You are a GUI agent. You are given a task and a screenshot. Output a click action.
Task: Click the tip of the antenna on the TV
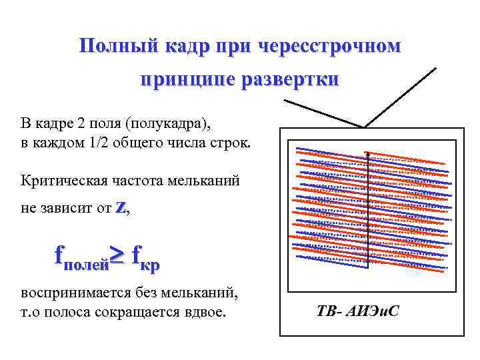point(436,67)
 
